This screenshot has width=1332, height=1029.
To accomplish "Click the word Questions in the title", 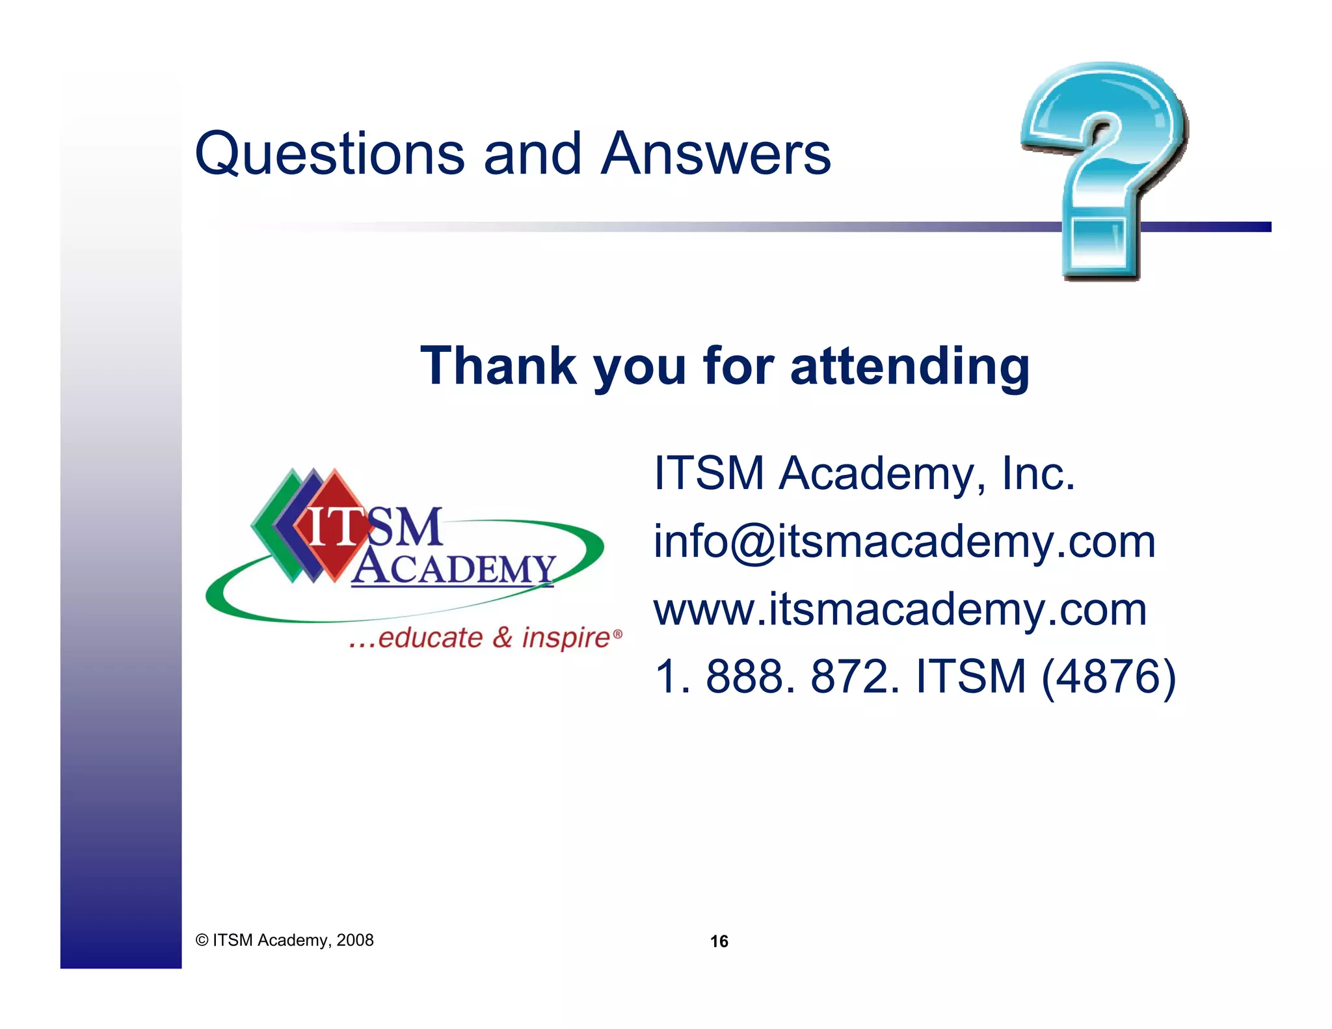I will pyautogui.click(x=329, y=155).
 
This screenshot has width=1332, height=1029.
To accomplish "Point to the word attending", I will pyautogui.click(x=910, y=367).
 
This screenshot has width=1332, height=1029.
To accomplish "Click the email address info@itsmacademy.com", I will pyautogui.click(x=904, y=541).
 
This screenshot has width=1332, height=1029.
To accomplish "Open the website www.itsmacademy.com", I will pyautogui.click(x=900, y=609).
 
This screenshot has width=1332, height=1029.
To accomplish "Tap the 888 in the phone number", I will pyautogui.click(x=750, y=676).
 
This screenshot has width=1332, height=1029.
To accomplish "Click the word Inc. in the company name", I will pyautogui.click(x=1038, y=473).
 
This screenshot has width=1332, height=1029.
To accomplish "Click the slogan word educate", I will pyautogui.click(x=430, y=637).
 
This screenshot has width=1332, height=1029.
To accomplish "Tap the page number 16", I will pyautogui.click(x=719, y=941).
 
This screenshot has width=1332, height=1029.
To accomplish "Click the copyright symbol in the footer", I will pyautogui.click(x=202, y=941).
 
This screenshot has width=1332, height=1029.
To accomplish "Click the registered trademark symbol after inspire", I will pyautogui.click(x=618, y=633).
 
